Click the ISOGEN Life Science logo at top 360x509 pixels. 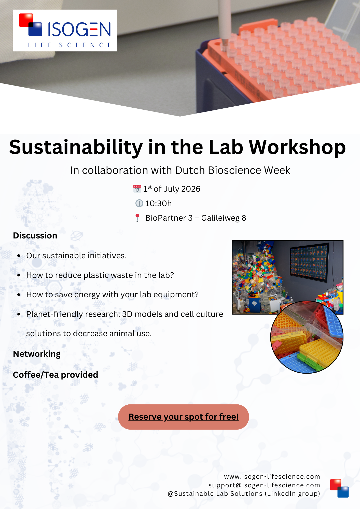tap(65, 31)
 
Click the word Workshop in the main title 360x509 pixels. tap(297, 147)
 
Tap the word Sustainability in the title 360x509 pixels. tap(76, 147)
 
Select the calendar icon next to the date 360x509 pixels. tap(137, 189)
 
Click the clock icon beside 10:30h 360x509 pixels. tap(139, 203)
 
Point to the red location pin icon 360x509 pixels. tap(137, 218)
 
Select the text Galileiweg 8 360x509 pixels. tap(224, 218)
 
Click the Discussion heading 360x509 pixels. tap(35, 235)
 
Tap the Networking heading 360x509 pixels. tap(37, 354)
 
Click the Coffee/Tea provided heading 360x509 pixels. tap(56, 375)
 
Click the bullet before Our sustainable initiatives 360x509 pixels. tap(19, 256)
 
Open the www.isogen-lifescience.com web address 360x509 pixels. tap(272, 476)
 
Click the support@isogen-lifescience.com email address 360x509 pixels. tap(264, 485)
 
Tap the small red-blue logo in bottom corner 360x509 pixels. tap(339, 488)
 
